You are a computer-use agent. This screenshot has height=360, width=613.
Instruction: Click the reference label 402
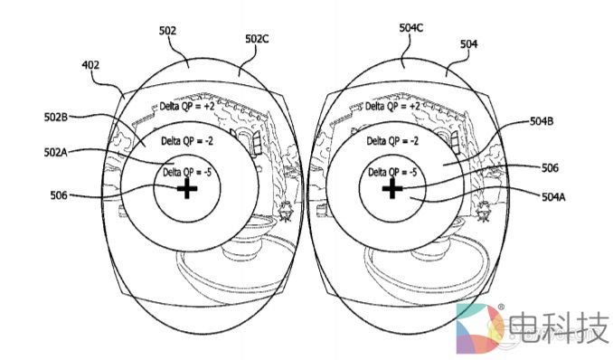(90, 65)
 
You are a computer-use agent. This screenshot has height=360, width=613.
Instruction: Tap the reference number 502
(167, 31)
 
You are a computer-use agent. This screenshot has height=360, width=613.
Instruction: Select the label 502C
(257, 39)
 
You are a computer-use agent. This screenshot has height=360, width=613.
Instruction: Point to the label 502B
(56, 117)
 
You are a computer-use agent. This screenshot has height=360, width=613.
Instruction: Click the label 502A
(55, 152)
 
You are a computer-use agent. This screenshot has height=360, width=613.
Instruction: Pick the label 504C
(410, 28)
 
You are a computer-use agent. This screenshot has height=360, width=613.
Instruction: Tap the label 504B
(542, 122)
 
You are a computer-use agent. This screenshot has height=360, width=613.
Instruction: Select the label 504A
(553, 197)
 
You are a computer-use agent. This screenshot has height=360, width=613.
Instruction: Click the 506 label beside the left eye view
(59, 195)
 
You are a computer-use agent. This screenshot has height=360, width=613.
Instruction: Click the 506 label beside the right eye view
(550, 168)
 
